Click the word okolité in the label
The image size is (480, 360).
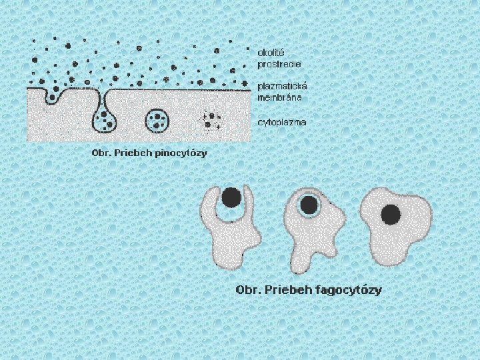(271, 51)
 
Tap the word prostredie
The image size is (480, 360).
(279, 64)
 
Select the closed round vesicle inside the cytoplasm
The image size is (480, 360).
(157, 120)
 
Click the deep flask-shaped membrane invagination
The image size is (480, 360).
(105, 119)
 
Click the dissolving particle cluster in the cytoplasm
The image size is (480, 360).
(213, 121)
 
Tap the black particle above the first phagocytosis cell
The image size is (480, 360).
(231, 197)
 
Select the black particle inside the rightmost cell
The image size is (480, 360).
(391, 214)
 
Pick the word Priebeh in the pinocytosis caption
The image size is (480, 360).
(133, 153)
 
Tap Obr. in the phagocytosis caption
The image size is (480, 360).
(246, 290)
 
